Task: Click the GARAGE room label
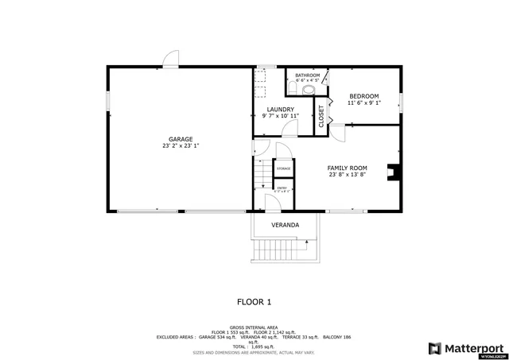[180, 139]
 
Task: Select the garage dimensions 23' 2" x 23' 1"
[180, 146]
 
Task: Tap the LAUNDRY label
[280, 110]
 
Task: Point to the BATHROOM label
[307, 75]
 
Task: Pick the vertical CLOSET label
[321, 116]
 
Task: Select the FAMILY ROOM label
[348, 168]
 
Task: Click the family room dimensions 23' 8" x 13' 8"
[348, 175]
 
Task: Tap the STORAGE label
[283, 169]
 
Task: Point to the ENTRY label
[282, 188]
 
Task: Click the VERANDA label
[285, 225]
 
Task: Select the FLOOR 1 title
[254, 301]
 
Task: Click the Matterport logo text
[472, 347]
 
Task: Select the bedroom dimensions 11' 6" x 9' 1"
[365, 103]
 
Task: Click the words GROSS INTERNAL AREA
[254, 327]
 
